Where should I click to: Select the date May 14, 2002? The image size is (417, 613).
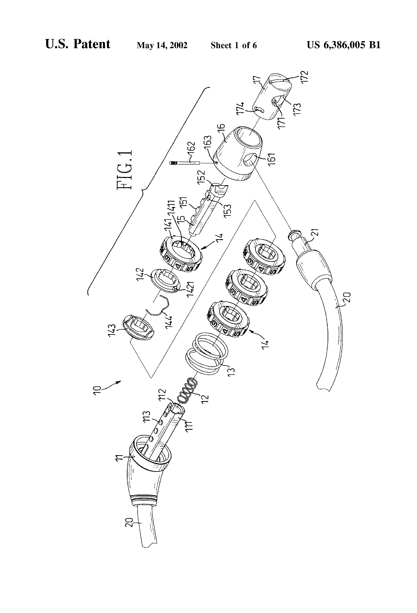coord(162,45)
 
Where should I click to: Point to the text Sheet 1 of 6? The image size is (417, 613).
coord(234,45)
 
